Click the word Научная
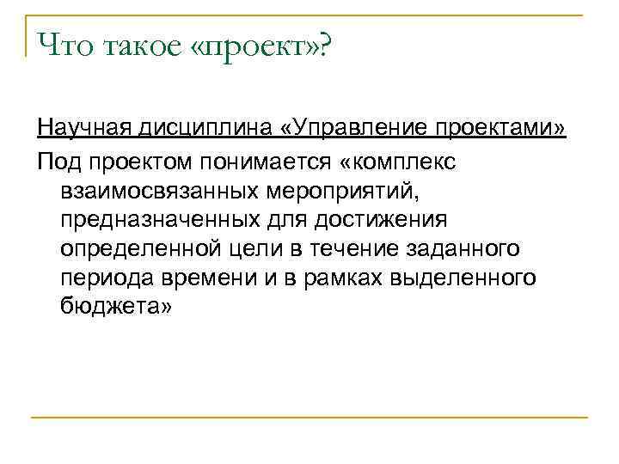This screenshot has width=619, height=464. point(83,129)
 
